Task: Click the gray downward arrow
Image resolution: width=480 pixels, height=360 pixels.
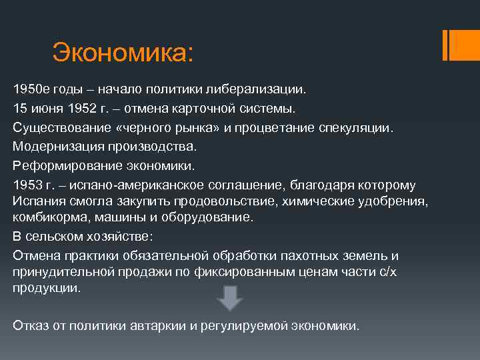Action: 229,297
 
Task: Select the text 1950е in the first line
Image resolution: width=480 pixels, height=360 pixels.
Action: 28,89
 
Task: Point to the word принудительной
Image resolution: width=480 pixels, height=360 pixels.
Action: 59,272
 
